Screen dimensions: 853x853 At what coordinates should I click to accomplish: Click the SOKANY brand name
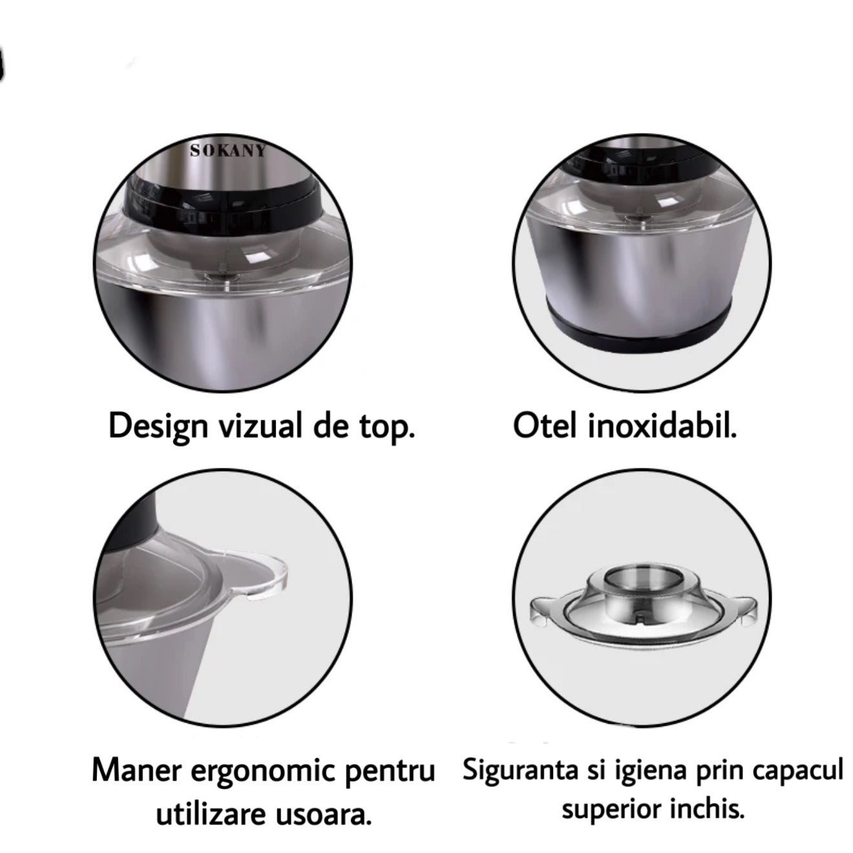tap(227, 151)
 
